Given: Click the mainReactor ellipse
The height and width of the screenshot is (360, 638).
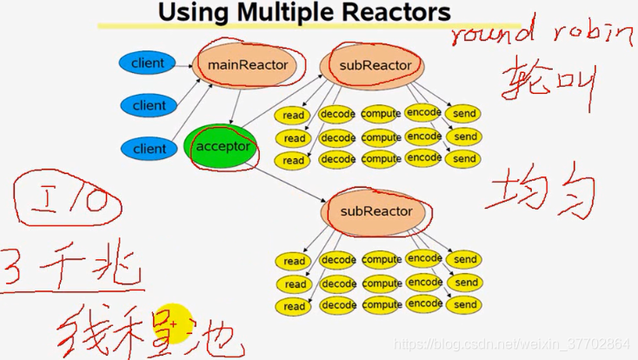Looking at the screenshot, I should [247, 64].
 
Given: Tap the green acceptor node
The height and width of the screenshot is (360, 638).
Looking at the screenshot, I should [222, 146].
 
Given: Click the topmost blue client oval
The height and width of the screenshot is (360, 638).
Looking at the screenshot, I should [148, 63].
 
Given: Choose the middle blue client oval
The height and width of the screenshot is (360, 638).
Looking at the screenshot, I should [149, 105].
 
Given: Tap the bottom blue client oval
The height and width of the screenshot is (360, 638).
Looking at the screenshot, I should [149, 149].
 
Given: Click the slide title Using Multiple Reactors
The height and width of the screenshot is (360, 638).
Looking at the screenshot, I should [305, 13].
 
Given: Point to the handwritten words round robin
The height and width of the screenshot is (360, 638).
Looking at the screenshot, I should [542, 33].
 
